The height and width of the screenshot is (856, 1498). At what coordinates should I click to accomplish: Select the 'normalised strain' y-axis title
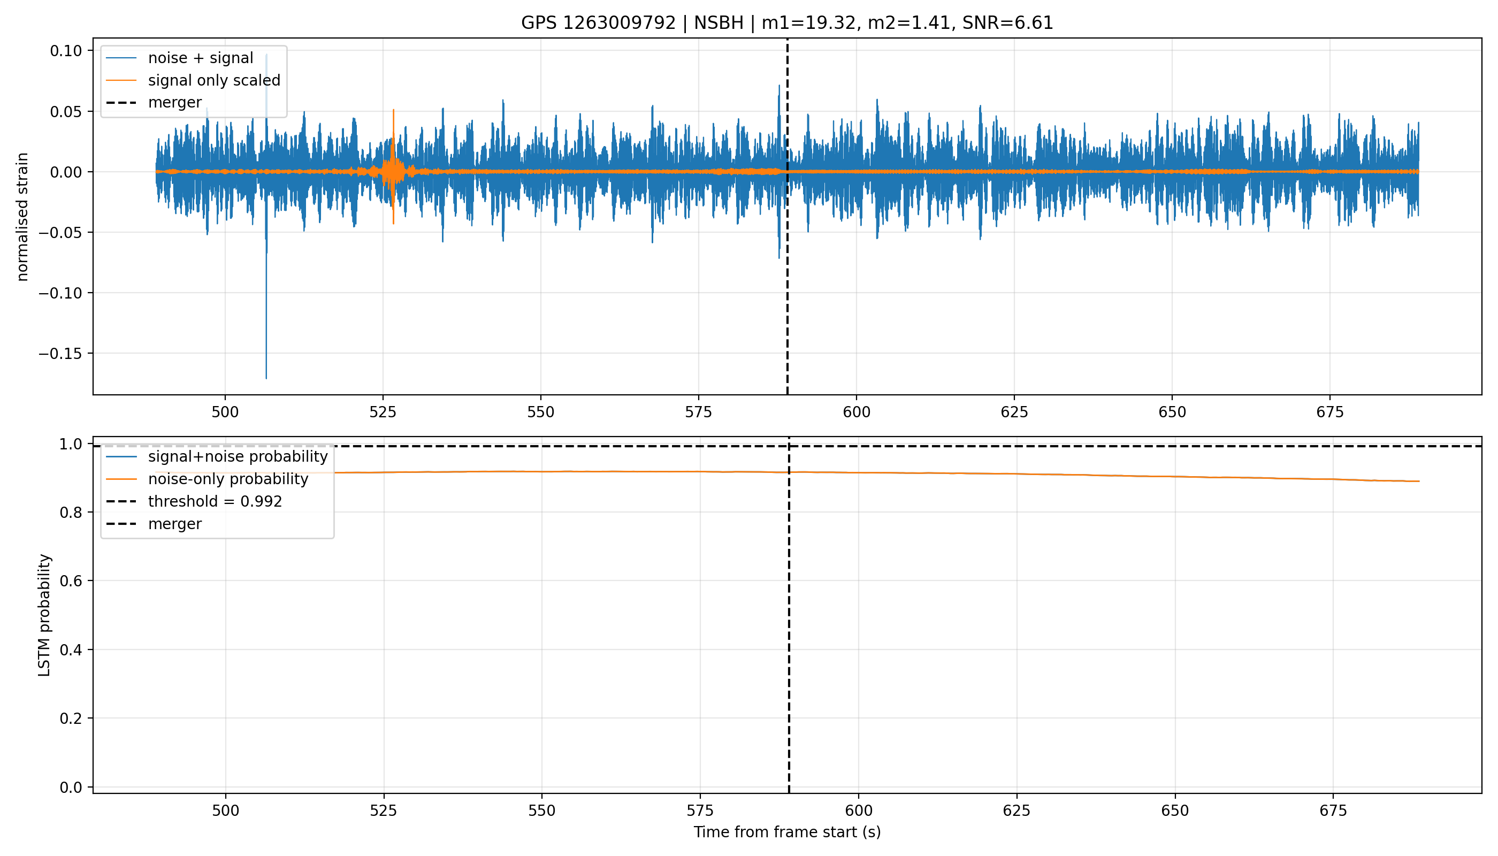pos(22,217)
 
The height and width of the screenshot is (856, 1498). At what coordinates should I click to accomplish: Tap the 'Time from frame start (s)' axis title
pos(787,832)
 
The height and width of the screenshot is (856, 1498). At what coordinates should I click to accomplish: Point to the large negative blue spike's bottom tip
pos(266,379)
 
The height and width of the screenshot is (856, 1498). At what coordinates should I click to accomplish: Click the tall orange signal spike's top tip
pos(393,109)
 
